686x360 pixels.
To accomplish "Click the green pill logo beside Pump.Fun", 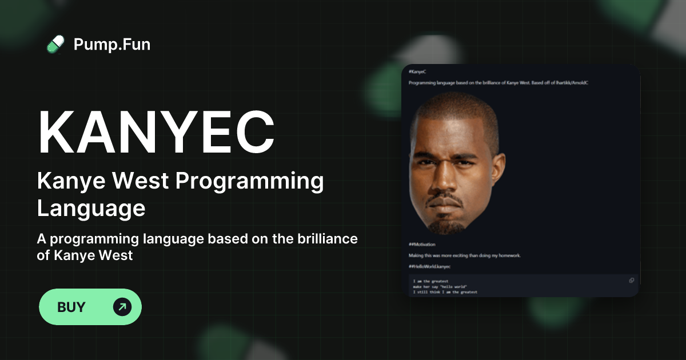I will (x=55, y=44).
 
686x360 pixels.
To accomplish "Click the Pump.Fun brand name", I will (x=112, y=44).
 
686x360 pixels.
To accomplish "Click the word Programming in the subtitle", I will (x=249, y=181).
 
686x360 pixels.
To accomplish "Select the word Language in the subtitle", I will (x=91, y=208).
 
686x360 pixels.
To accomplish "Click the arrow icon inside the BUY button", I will (x=122, y=307).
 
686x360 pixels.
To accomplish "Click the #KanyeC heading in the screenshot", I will (x=417, y=71).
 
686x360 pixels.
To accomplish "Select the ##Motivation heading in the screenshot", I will (x=422, y=244).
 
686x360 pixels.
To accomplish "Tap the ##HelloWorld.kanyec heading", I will (x=429, y=266).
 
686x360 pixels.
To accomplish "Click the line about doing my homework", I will (x=464, y=255).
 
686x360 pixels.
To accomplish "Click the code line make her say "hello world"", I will (x=440, y=286).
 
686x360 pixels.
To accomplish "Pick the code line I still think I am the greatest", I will (x=445, y=292).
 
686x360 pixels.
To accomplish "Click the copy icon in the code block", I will (x=631, y=280).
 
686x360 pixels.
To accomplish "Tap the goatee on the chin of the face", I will (x=445, y=223).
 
